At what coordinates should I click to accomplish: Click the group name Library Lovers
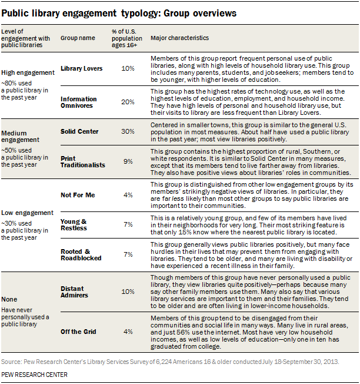pos(82,69)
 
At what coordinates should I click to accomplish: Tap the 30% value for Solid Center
pos(128,132)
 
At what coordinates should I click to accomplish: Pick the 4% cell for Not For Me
pos(128,194)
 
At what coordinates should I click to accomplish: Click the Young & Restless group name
pos(74,224)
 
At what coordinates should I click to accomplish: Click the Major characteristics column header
pos(179,38)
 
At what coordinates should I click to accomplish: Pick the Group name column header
pos(78,38)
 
